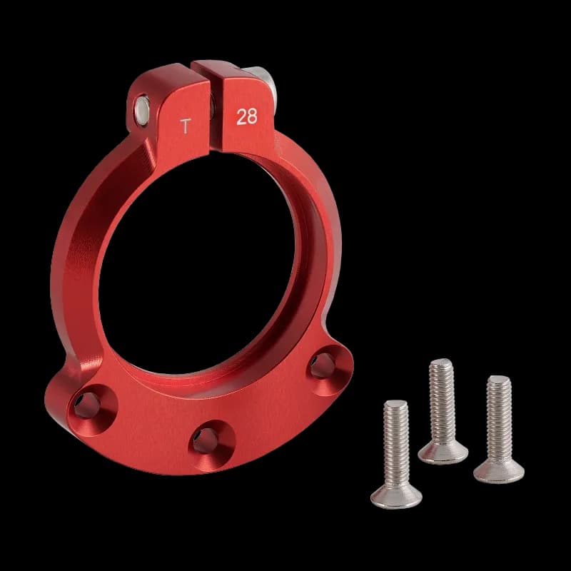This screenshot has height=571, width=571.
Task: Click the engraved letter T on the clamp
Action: pyautogui.click(x=186, y=127)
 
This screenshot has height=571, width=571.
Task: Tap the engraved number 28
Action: pyautogui.click(x=246, y=117)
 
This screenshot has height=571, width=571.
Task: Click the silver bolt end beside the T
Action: pyautogui.click(x=143, y=108)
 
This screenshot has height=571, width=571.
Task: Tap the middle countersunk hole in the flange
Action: pyautogui.click(x=206, y=440)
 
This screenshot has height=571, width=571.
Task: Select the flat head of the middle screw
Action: pyautogui.click(x=443, y=452)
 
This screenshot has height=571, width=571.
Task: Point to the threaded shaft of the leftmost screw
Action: pyautogui.click(x=395, y=443)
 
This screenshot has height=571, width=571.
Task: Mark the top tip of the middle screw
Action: pyautogui.click(x=441, y=363)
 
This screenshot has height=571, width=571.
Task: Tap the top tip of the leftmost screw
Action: pyautogui.click(x=395, y=404)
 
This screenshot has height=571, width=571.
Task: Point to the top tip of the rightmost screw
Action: pyautogui.click(x=499, y=379)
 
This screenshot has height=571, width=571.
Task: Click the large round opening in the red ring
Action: pyautogui.click(x=200, y=271)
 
